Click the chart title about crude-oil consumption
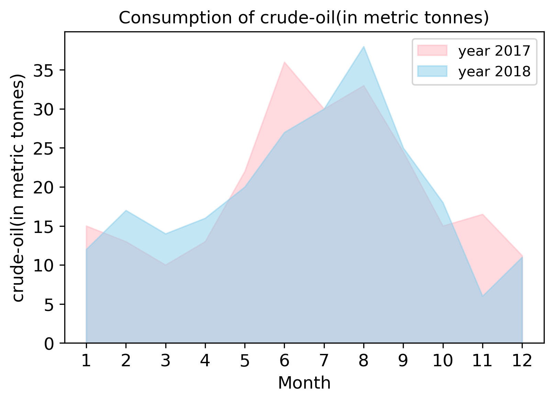click(x=304, y=18)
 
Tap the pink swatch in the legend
click(x=432, y=51)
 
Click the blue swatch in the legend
click(x=432, y=71)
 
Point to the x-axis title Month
click(x=304, y=383)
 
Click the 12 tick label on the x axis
click(x=522, y=361)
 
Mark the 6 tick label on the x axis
click(x=284, y=361)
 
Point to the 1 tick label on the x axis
click(x=86, y=361)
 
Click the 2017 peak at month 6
click(x=285, y=62)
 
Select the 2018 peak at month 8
click(x=364, y=47)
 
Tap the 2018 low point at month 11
click(x=483, y=296)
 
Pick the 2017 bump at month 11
click(x=483, y=214)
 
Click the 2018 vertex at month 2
click(x=126, y=210)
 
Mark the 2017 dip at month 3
click(x=166, y=265)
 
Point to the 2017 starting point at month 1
click(x=86, y=226)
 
